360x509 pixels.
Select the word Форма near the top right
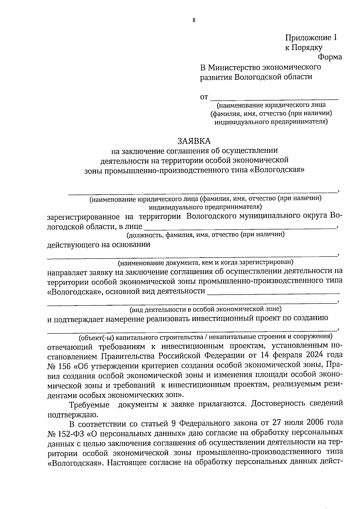click(330, 57)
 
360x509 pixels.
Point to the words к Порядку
click(304, 47)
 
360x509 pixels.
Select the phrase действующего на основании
click(99, 245)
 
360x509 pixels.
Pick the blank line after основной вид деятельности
click(273, 292)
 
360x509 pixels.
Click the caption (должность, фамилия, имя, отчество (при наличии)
click(205, 235)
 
